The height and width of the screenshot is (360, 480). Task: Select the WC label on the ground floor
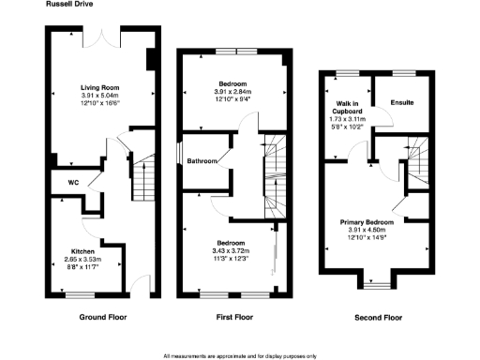coord(72,183)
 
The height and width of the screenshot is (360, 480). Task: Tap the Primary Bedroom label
coord(367,222)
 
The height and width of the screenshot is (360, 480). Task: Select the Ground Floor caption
coord(99,318)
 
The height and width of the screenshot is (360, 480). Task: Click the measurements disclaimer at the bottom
coord(240,355)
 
